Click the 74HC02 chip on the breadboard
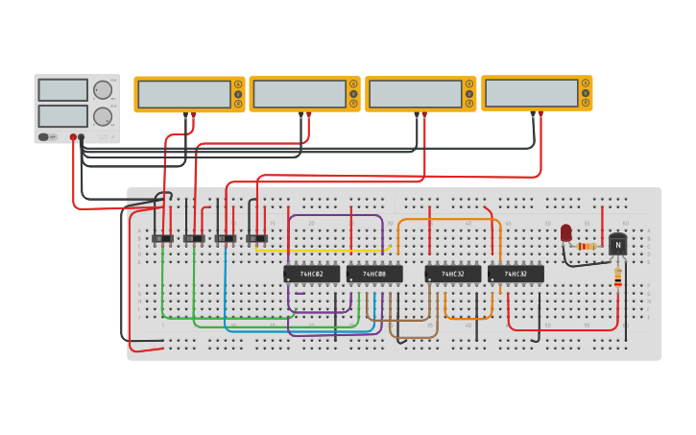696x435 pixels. pos(311,274)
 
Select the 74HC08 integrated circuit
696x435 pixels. pos(374,274)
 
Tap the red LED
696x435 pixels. pos(565,232)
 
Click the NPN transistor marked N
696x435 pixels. pos(617,245)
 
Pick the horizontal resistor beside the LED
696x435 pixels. pos(587,247)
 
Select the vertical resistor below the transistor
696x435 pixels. pos(617,277)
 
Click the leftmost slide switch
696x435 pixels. pos(163,238)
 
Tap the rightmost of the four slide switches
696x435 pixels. pos(256,238)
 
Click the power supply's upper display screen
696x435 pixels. pos(62,90)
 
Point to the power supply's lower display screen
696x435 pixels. pos(62,116)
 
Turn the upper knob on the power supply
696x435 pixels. pos(102,90)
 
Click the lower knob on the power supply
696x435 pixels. pos(102,116)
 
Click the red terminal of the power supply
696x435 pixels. pos(73,137)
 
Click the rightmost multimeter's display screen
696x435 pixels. pos(530,93)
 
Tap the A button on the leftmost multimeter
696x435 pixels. pos(237,85)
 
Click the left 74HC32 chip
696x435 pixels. pos(453,274)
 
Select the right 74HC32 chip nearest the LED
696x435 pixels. pos(516,274)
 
